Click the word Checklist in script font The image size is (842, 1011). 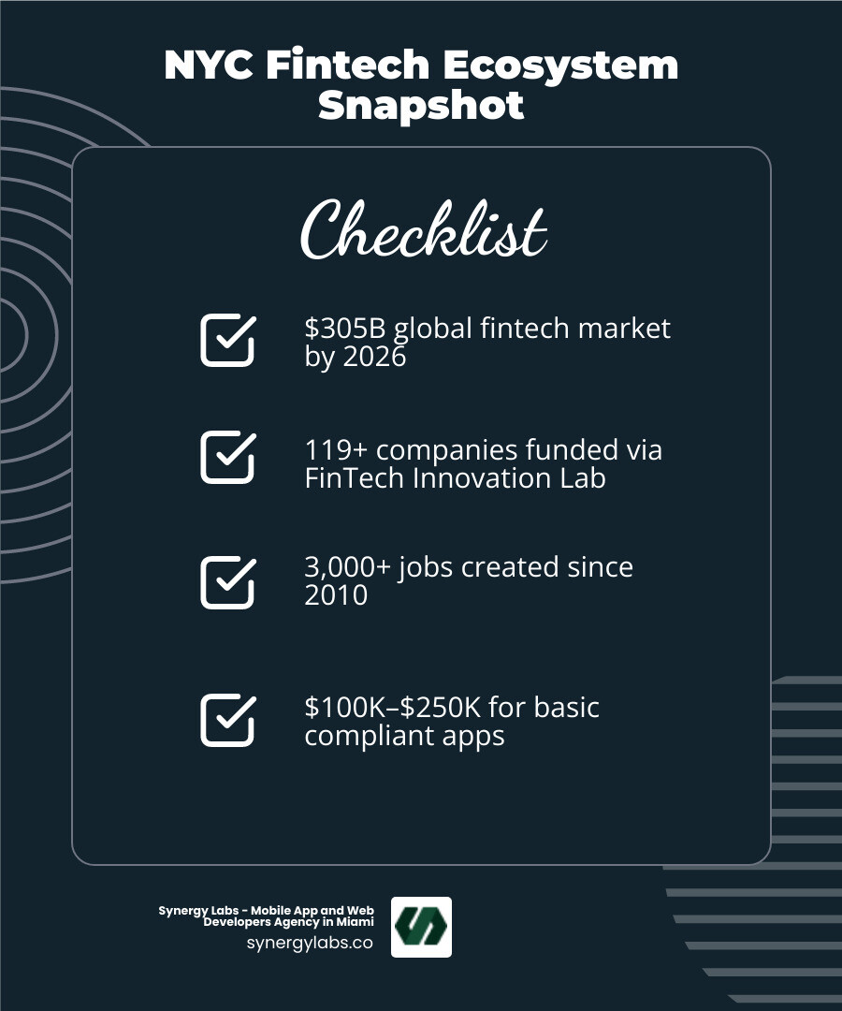click(x=423, y=230)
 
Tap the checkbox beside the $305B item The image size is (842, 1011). click(x=227, y=340)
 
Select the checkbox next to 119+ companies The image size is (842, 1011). click(x=227, y=457)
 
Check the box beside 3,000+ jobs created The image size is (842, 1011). click(x=227, y=582)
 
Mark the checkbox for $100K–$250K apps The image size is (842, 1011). click(x=227, y=720)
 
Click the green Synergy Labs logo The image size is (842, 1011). click(x=421, y=927)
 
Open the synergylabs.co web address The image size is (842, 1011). click(x=310, y=943)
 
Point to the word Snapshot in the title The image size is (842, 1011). click(x=421, y=105)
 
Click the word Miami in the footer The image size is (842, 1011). click(x=355, y=922)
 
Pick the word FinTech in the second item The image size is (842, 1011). click(x=348, y=478)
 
